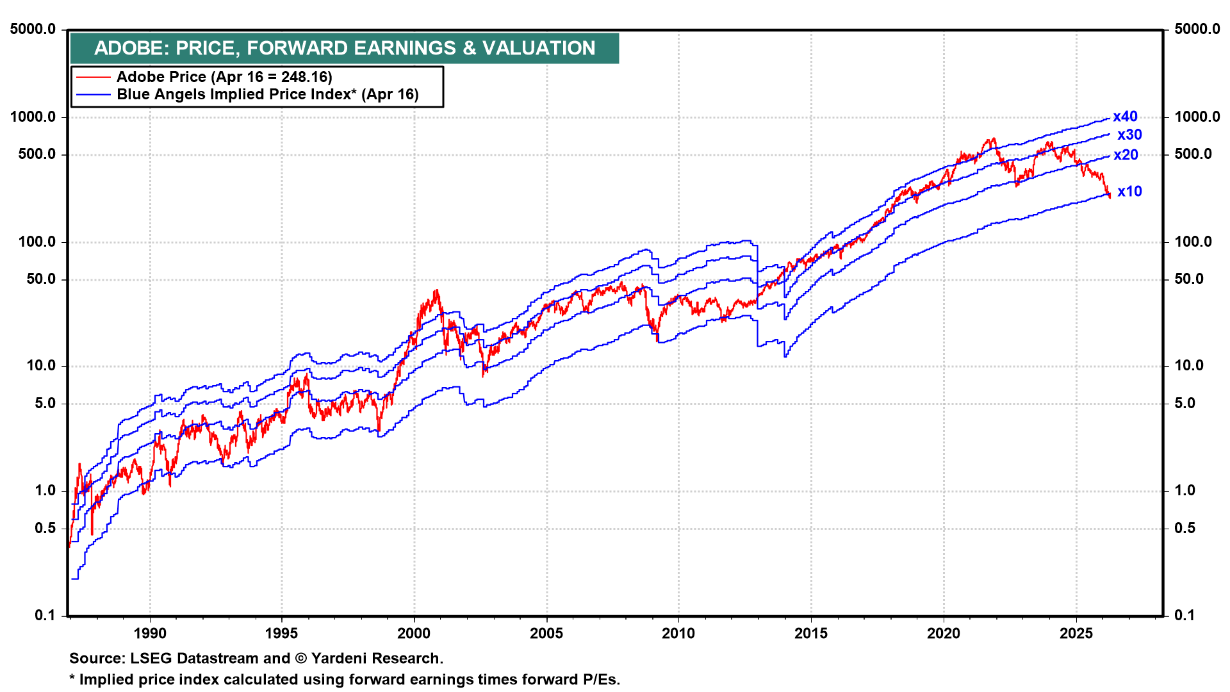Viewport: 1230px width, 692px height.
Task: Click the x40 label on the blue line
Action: pos(1125,117)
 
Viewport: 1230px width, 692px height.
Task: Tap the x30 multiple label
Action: pos(1129,135)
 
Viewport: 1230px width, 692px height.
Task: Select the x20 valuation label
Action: pos(1126,155)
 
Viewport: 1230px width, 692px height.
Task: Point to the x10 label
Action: pos(1129,192)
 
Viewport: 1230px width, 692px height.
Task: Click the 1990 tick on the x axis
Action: pos(150,634)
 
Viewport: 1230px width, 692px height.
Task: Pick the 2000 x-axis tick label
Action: pos(414,634)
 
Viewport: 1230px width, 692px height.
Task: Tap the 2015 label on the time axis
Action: pos(811,634)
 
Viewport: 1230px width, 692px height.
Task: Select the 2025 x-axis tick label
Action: pos(1076,634)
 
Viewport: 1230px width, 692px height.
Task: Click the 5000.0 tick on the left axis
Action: pos(33,29)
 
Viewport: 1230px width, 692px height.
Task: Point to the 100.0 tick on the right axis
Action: pos(1193,242)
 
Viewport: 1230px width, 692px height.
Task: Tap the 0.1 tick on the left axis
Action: pos(45,615)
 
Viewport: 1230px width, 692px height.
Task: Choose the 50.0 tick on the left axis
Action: pos(41,279)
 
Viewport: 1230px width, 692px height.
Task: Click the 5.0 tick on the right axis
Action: pos(1185,403)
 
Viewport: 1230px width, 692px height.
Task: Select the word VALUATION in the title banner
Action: pos(539,48)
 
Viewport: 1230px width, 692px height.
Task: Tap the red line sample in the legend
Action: pos(93,78)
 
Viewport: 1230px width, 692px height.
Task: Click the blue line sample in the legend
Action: pos(93,95)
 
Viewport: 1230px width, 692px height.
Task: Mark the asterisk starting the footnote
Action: pos(72,679)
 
